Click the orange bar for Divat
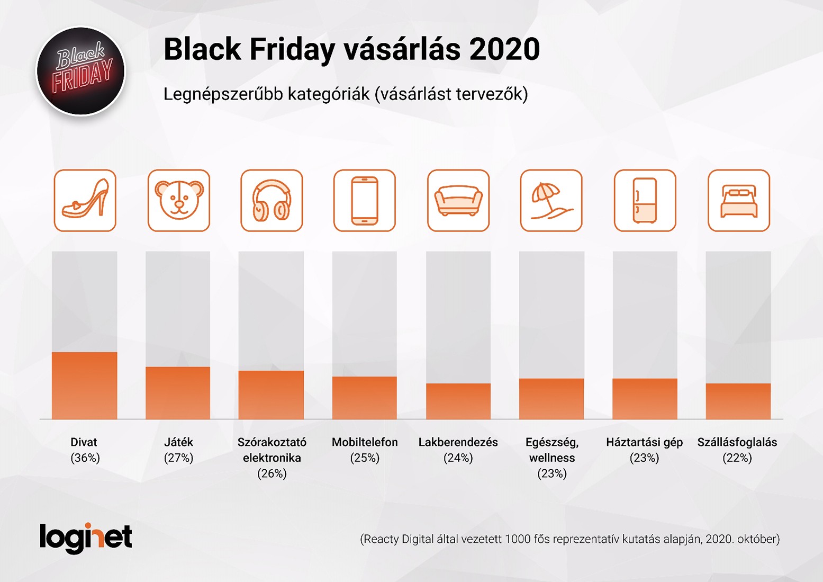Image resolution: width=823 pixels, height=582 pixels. click(x=85, y=386)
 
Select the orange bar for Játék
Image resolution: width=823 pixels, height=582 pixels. click(x=178, y=393)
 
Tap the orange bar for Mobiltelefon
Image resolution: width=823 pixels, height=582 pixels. click(x=365, y=398)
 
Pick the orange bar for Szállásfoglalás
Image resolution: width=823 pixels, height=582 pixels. click(x=738, y=401)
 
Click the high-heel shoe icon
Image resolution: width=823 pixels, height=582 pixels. click(x=85, y=200)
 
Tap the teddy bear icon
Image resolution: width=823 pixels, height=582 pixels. click(x=179, y=200)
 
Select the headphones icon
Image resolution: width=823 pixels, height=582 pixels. click(x=272, y=200)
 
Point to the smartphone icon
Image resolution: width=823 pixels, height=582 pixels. click(x=365, y=200)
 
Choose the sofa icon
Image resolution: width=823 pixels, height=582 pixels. click(x=458, y=200)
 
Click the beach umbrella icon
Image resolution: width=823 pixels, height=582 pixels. click(x=551, y=200)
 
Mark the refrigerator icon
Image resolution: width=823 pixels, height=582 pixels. click(x=645, y=200)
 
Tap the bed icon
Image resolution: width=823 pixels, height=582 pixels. click(x=738, y=200)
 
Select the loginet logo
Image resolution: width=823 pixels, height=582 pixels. click(x=86, y=538)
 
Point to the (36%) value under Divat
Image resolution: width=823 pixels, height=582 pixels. click(x=85, y=458)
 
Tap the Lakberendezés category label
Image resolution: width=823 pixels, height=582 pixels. click(x=458, y=442)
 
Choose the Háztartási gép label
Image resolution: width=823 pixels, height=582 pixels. click(x=645, y=442)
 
